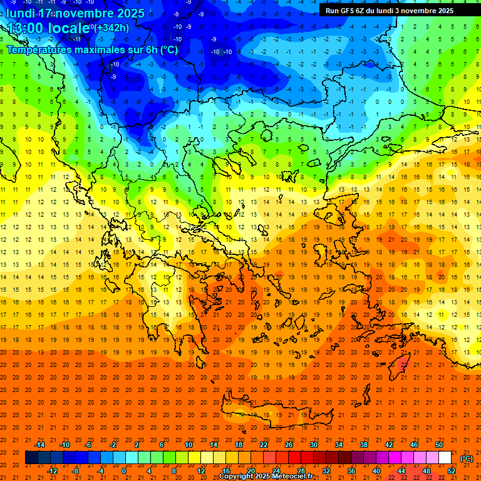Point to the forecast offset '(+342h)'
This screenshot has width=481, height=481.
(x=112, y=28)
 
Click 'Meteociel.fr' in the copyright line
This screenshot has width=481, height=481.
(x=292, y=476)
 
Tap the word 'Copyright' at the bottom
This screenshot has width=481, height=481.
(x=237, y=476)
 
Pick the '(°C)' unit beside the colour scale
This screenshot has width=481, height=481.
(x=466, y=458)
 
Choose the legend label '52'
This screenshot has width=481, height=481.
(x=452, y=471)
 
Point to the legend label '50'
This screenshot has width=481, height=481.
(x=439, y=445)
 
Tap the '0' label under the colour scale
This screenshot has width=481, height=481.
(x=124, y=471)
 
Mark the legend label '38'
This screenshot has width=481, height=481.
(x=364, y=445)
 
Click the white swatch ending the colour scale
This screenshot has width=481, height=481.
(x=445, y=458)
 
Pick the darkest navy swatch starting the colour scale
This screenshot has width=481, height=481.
(x=31, y=458)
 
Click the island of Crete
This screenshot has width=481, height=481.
(x=269, y=407)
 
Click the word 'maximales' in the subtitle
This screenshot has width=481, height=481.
(x=97, y=49)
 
